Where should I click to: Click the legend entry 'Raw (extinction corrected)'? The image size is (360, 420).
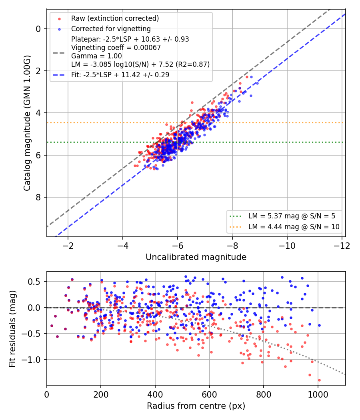coord(115,18)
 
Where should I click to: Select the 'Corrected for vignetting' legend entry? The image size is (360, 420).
coord(111,29)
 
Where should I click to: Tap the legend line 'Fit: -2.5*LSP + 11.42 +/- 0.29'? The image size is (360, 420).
coord(120,75)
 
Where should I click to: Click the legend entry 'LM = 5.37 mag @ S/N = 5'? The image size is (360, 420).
coord(292,216)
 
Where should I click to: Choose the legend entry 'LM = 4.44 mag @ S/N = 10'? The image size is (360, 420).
coord(294,227)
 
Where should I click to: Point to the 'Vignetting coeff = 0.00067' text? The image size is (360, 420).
coord(116,48)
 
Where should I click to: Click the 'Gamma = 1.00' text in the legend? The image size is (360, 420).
coord(96,56)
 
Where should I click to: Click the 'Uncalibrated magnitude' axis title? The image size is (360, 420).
coord(196,257)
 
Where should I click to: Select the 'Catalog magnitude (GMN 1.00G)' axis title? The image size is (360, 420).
coord(27,123)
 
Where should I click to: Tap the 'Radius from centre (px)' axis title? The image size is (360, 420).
coord(196,406)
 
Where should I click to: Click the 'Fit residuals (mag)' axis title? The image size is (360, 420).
coord(12,329)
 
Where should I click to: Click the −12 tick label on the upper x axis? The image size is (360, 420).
coord(342,246)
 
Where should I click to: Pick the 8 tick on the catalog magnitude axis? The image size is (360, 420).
coord(38,198)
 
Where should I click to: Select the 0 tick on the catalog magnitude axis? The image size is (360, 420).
coord(38,29)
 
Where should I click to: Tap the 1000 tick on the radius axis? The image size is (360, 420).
coord(318,394)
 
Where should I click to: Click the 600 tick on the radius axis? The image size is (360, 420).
coord(209,394)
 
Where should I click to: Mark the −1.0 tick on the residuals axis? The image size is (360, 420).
coord(31,360)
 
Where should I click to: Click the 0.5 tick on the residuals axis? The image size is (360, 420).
coord(34,282)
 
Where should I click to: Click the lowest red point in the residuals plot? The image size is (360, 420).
coord(319,380)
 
